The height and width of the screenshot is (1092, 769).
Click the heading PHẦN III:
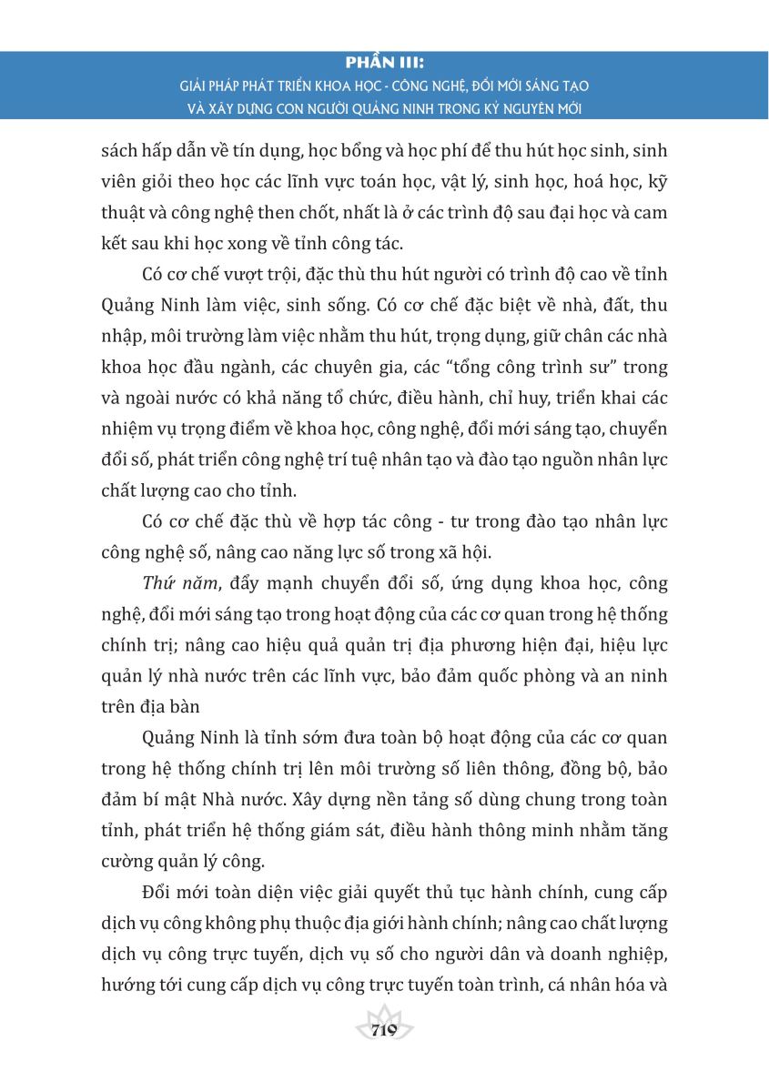pos(385,64)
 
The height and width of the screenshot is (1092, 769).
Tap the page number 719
pos(384,1030)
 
